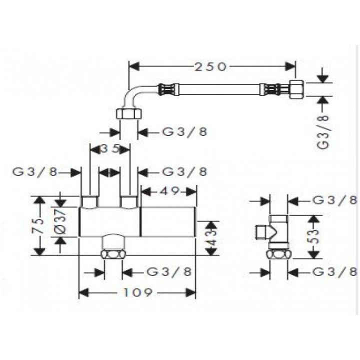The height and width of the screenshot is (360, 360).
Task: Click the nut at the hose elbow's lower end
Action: [x=128, y=113]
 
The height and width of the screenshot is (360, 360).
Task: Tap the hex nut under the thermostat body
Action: [x=114, y=253]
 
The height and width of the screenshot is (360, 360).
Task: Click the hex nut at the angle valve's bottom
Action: [x=278, y=253]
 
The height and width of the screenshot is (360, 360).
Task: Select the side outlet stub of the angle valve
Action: [x=261, y=231]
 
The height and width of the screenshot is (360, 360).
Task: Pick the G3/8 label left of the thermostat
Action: [x=34, y=171]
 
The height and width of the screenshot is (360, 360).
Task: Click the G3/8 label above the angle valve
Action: [x=333, y=200]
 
